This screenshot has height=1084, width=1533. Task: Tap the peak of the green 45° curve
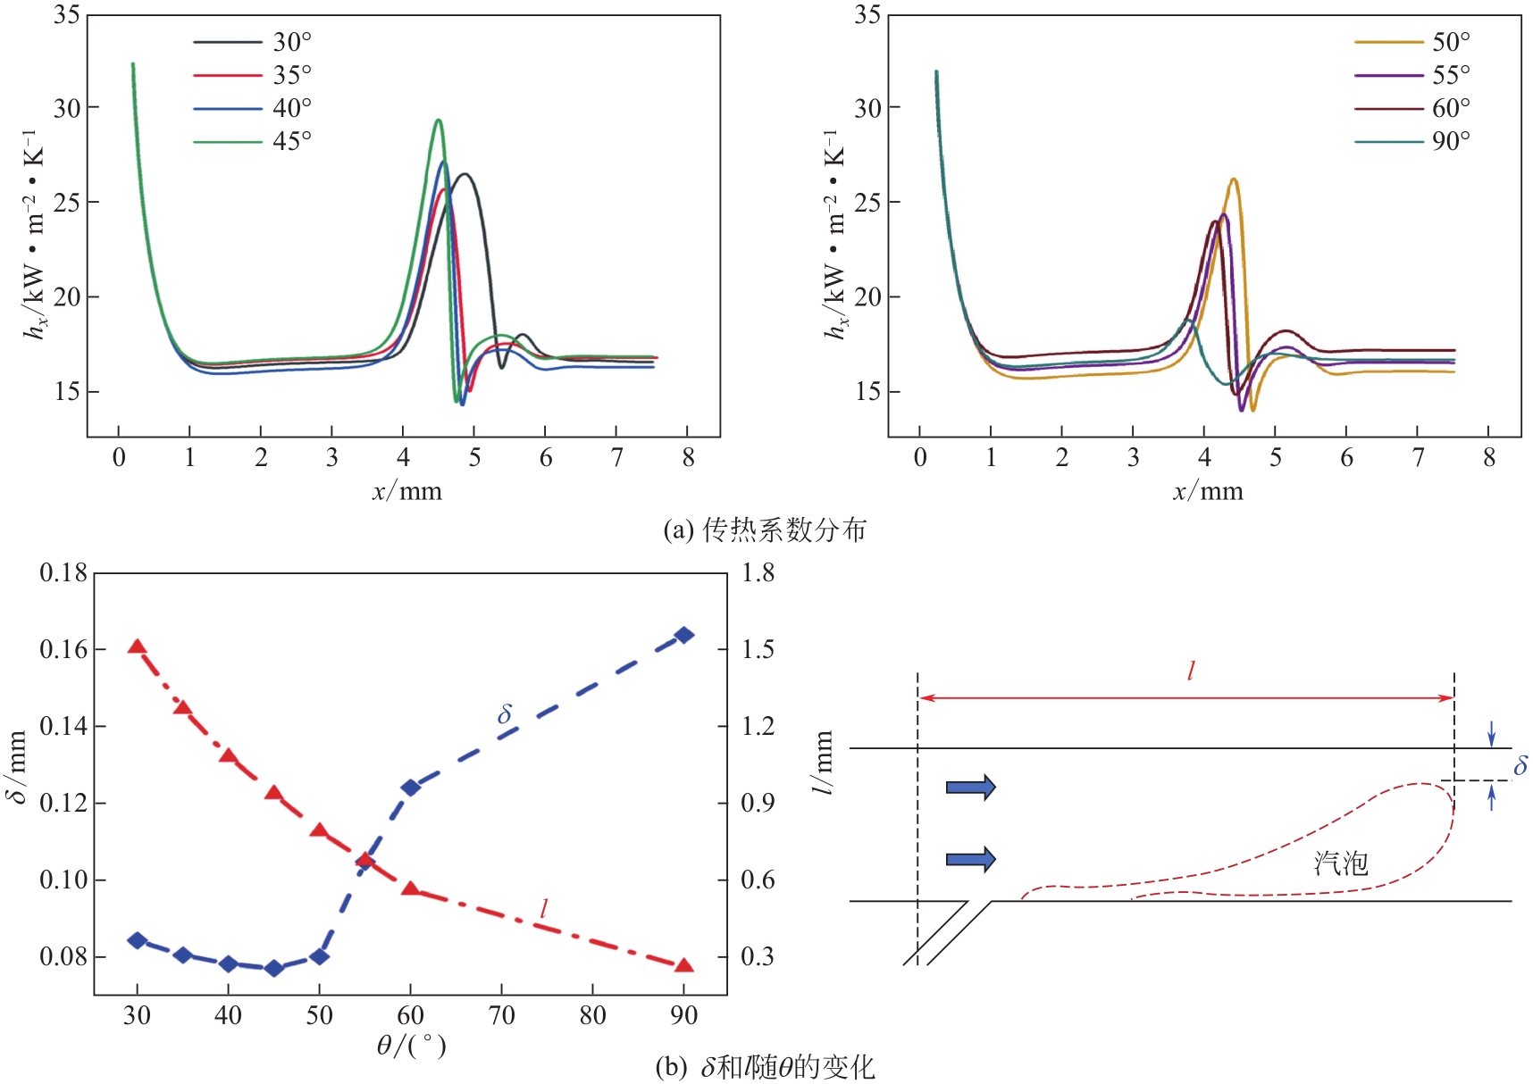click(438, 120)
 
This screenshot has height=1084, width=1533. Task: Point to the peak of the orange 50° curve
click(1234, 179)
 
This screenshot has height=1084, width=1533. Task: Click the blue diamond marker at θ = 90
click(684, 635)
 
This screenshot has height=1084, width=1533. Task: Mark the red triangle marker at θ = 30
click(137, 646)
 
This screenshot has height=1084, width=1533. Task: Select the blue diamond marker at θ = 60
click(411, 788)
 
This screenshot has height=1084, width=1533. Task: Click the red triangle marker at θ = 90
click(684, 965)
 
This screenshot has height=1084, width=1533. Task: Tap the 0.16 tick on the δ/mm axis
click(64, 649)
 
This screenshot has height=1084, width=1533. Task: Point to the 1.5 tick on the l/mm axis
click(758, 649)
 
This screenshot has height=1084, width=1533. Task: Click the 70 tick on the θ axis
click(502, 1015)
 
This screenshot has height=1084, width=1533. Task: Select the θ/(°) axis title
click(411, 1045)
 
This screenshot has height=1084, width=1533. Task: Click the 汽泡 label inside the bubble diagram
click(1340, 863)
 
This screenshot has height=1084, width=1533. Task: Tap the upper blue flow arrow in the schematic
click(970, 787)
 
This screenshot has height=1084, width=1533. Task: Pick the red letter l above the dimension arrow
click(1191, 671)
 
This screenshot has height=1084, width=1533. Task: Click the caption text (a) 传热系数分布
click(765, 530)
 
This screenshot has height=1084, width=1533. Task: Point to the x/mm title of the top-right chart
click(1208, 491)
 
